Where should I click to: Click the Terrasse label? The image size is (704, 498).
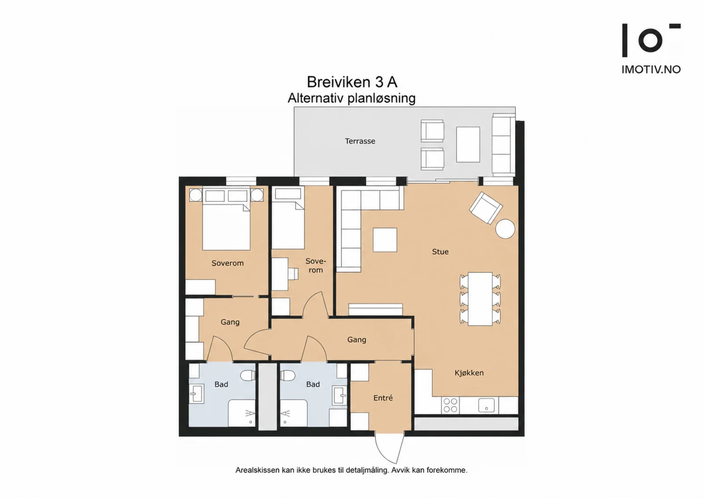[360, 141]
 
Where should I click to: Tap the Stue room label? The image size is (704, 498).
[440, 252]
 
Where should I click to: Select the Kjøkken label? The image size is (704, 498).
[469, 373]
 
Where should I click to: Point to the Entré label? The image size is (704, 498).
[383, 398]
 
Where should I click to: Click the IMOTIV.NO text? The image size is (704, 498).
[651, 70]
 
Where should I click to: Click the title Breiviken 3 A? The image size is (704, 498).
[352, 82]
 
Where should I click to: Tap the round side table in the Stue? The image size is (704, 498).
[505, 229]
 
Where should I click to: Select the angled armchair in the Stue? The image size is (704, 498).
[486, 208]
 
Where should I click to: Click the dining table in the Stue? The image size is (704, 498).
[480, 299]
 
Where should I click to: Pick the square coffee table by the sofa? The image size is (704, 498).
[385, 240]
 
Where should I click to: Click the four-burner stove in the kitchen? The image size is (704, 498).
[450, 405]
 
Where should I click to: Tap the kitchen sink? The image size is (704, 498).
[486, 405]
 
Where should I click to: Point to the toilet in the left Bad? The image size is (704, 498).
[248, 375]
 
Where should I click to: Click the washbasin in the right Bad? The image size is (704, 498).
[339, 395]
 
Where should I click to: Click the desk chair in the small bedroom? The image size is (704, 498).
[293, 273]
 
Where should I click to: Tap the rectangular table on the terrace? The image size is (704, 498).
[468, 145]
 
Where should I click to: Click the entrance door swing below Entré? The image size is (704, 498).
[389, 448]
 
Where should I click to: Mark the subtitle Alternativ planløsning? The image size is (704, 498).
[352, 99]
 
